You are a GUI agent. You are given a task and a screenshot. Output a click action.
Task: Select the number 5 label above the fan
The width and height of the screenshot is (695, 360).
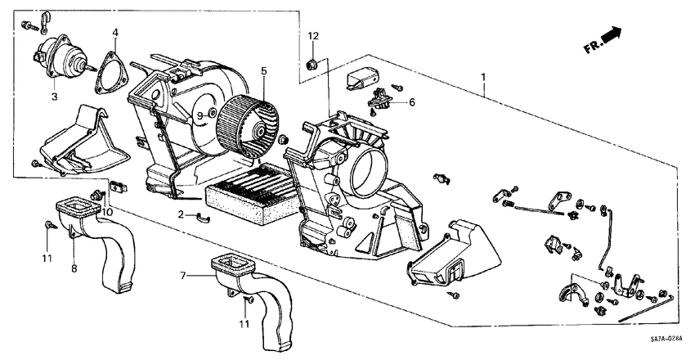coord(264,71)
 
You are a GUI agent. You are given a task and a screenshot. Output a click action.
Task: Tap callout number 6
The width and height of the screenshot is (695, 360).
coord(412,102)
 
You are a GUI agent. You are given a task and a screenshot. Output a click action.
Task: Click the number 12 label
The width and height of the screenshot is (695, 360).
coord(312,36)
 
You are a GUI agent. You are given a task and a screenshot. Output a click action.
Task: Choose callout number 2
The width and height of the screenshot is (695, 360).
coord(182,214)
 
